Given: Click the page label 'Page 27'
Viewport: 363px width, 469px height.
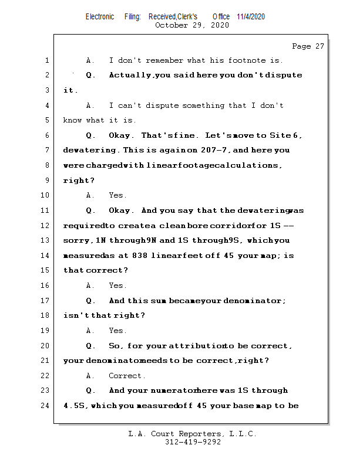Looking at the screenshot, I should coord(308,46).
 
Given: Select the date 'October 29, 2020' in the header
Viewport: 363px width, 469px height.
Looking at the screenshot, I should coord(191,25).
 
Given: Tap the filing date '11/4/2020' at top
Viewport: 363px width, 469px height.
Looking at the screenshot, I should coord(251,16).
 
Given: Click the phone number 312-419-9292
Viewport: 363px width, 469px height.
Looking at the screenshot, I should coord(193,442).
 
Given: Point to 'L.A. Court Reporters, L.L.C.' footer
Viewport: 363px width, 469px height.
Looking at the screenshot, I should coord(192,434).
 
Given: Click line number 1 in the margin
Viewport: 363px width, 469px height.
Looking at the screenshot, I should coord(46,60).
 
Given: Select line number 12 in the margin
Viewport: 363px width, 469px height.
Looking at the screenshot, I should coord(45,226).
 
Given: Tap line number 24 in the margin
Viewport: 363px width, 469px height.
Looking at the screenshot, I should coord(45,406).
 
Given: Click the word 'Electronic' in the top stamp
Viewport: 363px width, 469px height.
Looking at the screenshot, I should coord(100,16).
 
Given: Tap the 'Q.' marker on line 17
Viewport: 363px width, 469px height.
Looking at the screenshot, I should coord(90,301).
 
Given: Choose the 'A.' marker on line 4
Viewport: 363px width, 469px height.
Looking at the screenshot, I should coord(90,106).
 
